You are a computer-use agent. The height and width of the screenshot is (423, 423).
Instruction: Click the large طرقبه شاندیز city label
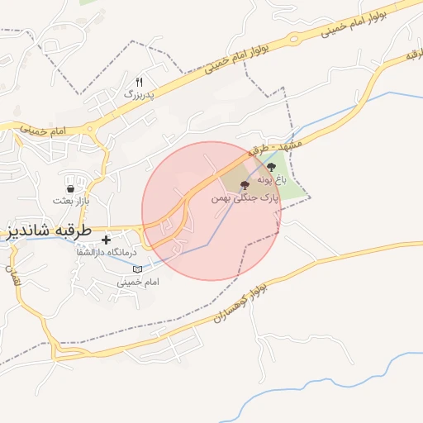[x=50, y=230]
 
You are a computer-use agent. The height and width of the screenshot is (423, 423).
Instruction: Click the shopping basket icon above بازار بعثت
[x=70, y=188]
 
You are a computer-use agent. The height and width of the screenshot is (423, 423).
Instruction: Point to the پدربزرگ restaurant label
[x=140, y=95]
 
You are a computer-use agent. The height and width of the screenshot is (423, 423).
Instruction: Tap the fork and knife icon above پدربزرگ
[x=140, y=83]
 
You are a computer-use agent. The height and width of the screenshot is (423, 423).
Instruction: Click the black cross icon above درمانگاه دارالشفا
[x=106, y=239]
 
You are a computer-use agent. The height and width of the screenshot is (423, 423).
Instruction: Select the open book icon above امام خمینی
[x=137, y=269]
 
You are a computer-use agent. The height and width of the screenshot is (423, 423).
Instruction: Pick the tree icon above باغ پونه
[x=273, y=168]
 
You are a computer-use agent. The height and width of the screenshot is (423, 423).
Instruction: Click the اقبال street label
[x=12, y=276]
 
